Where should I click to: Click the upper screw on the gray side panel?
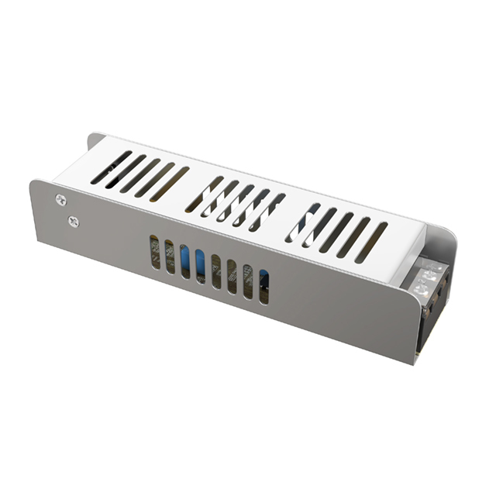tap(61, 200)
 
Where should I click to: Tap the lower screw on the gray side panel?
tap(74, 222)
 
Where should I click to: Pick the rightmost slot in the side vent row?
tap(264, 286)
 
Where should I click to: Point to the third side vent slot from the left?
tap(185, 262)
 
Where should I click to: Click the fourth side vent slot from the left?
tap(201, 266)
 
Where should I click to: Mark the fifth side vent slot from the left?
tap(216, 271)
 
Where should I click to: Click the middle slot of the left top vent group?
tap(140, 175)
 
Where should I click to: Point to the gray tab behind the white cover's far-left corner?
tap(95, 142)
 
